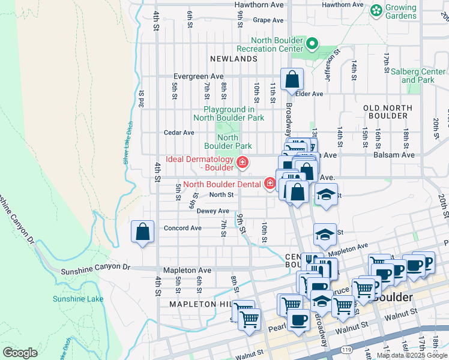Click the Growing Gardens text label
coord(401,13)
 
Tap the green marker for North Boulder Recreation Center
coord(312,43)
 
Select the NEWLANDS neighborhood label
coord(234,59)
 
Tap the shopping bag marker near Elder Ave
coord(292,80)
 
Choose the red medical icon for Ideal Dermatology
coord(242,163)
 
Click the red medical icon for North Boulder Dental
coord(270,184)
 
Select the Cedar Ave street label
coord(179,133)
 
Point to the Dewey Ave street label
coord(213,211)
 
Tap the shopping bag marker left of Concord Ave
coord(143,232)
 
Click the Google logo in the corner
coord(20,353)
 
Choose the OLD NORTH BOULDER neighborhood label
coord(388,112)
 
